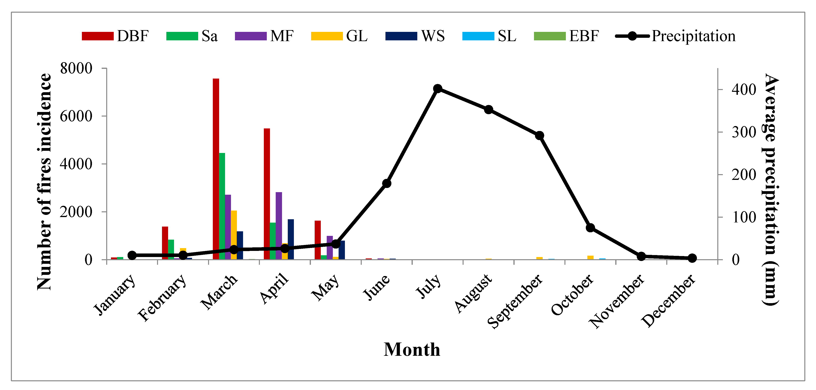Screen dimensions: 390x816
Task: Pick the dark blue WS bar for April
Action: tap(291, 239)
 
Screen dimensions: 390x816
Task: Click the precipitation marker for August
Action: tap(488, 110)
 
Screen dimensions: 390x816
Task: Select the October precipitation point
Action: tap(590, 228)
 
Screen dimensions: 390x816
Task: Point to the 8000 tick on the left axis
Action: tap(76, 68)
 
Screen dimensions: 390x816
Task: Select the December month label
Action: tap(668, 301)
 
